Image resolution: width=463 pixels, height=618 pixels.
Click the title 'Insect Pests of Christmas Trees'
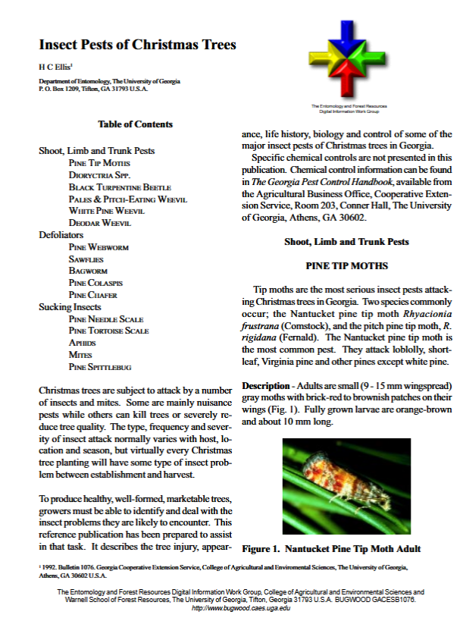point(137,45)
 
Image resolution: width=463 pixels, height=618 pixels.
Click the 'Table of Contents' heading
point(135,124)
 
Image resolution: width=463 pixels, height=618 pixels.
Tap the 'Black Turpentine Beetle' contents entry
point(119,187)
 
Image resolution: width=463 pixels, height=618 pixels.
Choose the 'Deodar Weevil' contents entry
point(99,223)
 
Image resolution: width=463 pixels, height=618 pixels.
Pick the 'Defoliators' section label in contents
point(61,235)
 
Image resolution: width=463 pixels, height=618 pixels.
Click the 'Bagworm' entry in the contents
point(88,271)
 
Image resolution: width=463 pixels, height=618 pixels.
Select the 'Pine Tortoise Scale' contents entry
point(108,331)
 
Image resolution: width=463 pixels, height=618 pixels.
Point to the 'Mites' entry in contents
point(81,355)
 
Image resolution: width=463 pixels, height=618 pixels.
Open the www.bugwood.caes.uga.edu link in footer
point(241,609)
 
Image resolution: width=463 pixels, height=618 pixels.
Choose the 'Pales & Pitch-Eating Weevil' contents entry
point(127,199)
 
